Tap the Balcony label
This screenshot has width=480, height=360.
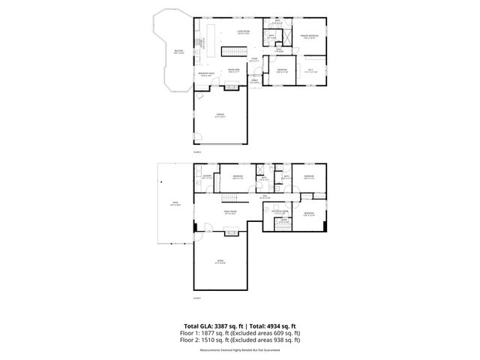(178, 52)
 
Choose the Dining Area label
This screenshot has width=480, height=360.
(234, 70)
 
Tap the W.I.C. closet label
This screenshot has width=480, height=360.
(311, 70)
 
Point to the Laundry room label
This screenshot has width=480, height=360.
(207, 177)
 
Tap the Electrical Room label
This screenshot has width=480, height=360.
(280, 213)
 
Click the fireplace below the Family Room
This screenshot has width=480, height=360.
(197, 228)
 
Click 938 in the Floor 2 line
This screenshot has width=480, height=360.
(279, 340)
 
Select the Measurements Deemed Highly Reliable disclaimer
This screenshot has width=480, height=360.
(240, 349)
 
